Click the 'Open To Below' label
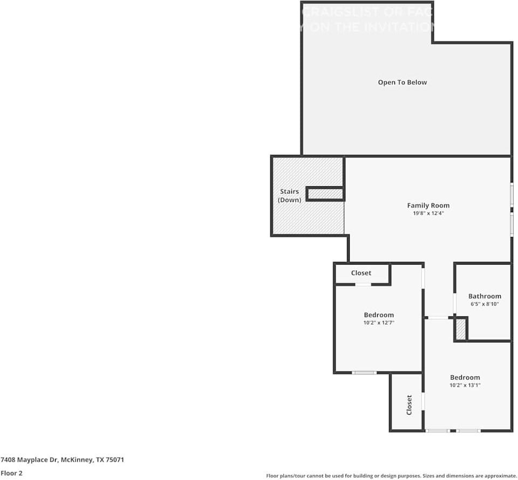pyautogui.click(x=402, y=83)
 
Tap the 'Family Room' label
pyautogui.click(x=428, y=205)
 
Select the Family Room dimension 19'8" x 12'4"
pyautogui.click(x=428, y=213)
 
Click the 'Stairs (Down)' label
pyautogui.click(x=289, y=195)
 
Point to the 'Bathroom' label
pyautogui.click(x=485, y=296)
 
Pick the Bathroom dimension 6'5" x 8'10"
pyautogui.click(x=485, y=304)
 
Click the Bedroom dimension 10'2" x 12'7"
pyautogui.click(x=378, y=323)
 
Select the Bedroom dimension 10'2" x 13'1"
pyautogui.click(x=465, y=386)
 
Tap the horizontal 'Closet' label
pyautogui.click(x=361, y=273)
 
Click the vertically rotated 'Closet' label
pyautogui.click(x=409, y=404)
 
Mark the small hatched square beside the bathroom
pyautogui.click(x=460, y=329)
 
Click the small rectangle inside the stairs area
pyautogui.click(x=325, y=193)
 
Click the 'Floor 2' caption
pyautogui.click(x=11, y=473)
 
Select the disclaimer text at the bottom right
pyautogui.click(x=391, y=476)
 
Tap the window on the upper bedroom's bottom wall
pyautogui.click(x=364, y=373)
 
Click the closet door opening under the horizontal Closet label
pyautogui.click(x=363, y=284)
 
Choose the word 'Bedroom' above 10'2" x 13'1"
pyautogui.click(x=465, y=377)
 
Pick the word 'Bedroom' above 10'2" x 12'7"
pyautogui.click(x=378, y=315)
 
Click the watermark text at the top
pyautogui.click(x=367, y=19)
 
